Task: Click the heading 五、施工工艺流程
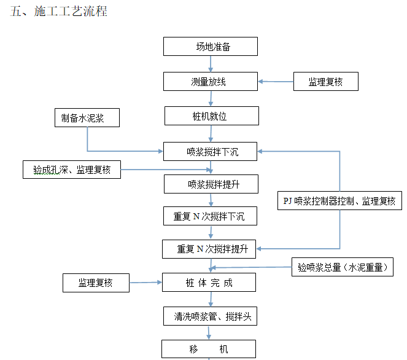(x=59, y=12)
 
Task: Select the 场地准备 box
(x=210, y=47)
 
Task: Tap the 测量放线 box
(x=210, y=81)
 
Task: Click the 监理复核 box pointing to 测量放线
(x=325, y=82)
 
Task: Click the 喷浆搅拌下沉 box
(x=210, y=151)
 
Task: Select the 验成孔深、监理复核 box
(x=72, y=170)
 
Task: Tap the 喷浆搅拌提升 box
(x=210, y=184)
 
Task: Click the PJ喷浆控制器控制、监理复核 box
(x=339, y=201)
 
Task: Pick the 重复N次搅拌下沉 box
(x=210, y=216)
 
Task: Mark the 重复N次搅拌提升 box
(x=210, y=249)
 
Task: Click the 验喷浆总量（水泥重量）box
(x=342, y=267)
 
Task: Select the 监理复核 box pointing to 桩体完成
(x=96, y=283)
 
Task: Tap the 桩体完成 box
(x=210, y=283)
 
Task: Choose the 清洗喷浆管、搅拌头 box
(x=210, y=316)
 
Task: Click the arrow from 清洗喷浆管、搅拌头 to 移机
(x=210, y=332)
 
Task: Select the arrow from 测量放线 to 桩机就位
(x=211, y=98)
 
